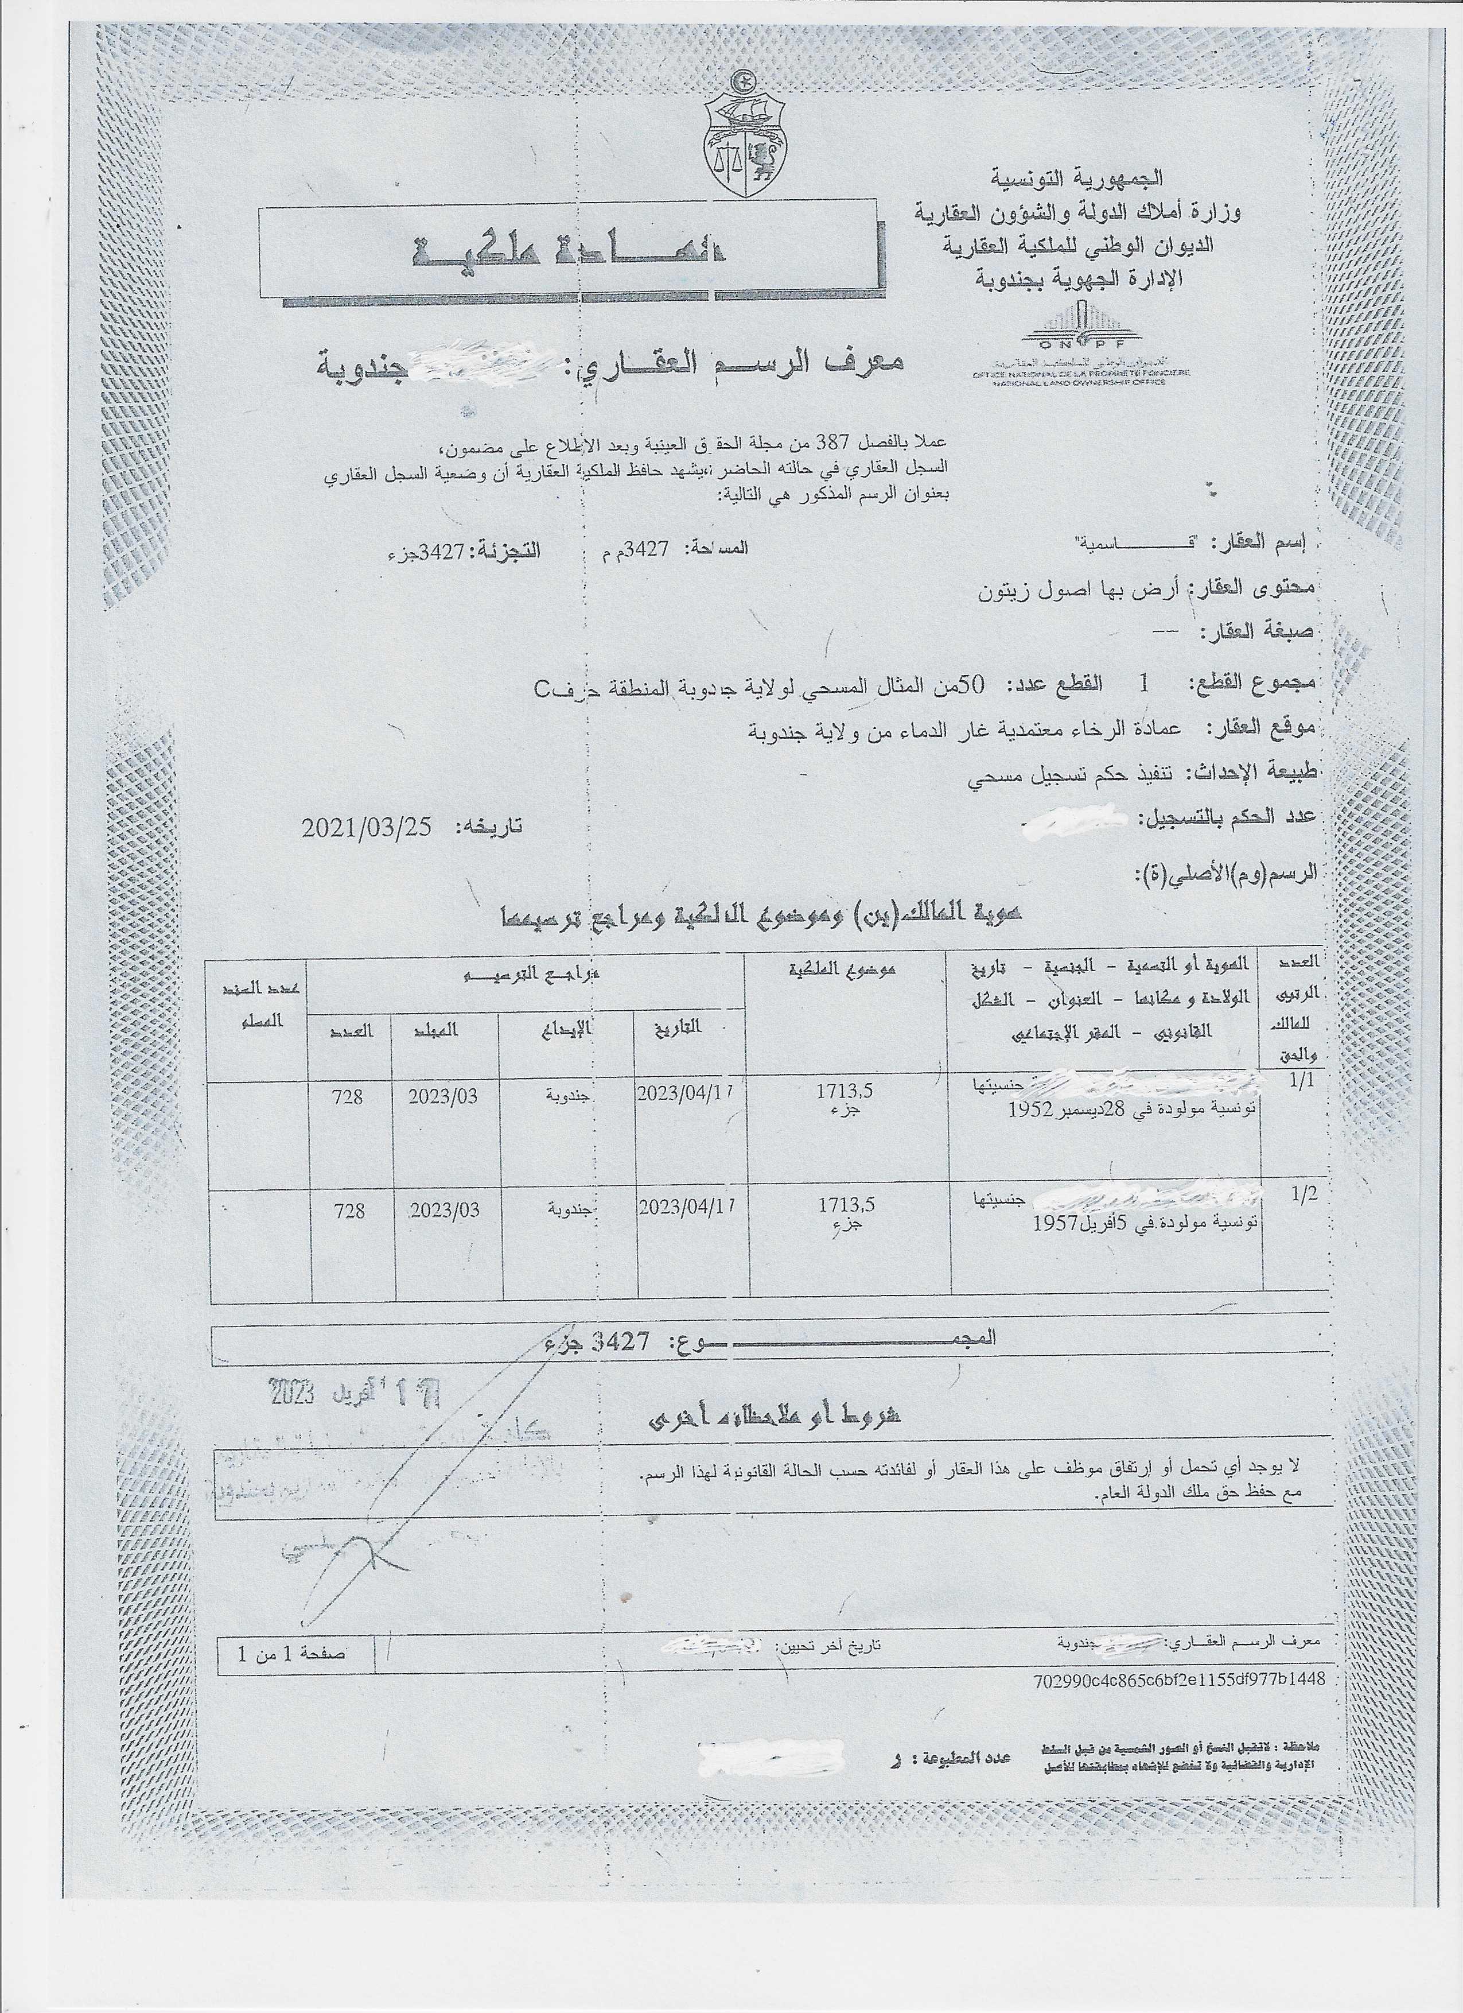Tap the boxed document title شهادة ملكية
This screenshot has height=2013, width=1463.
click(x=572, y=254)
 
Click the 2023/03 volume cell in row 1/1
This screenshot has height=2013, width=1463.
click(x=443, y=1096)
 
